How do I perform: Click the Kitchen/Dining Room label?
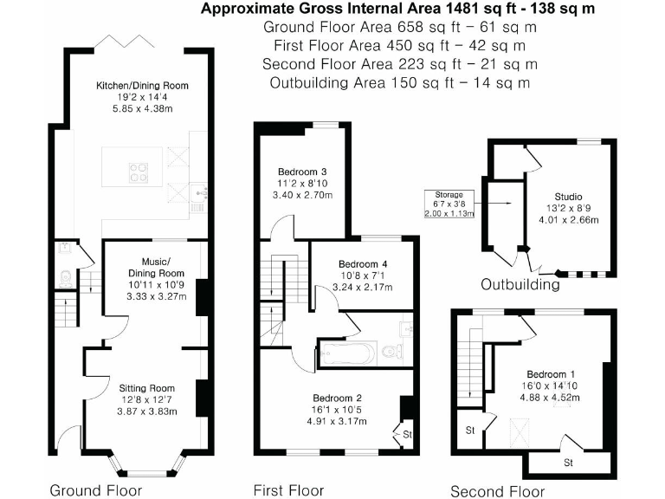142,86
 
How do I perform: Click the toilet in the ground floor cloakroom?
63,277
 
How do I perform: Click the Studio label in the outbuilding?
568,196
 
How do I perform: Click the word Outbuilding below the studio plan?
520,285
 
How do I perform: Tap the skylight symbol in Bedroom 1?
521,425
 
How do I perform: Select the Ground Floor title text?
94,490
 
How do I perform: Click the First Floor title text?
288,490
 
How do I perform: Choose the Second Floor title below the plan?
497,491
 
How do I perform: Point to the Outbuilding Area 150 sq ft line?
399,83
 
